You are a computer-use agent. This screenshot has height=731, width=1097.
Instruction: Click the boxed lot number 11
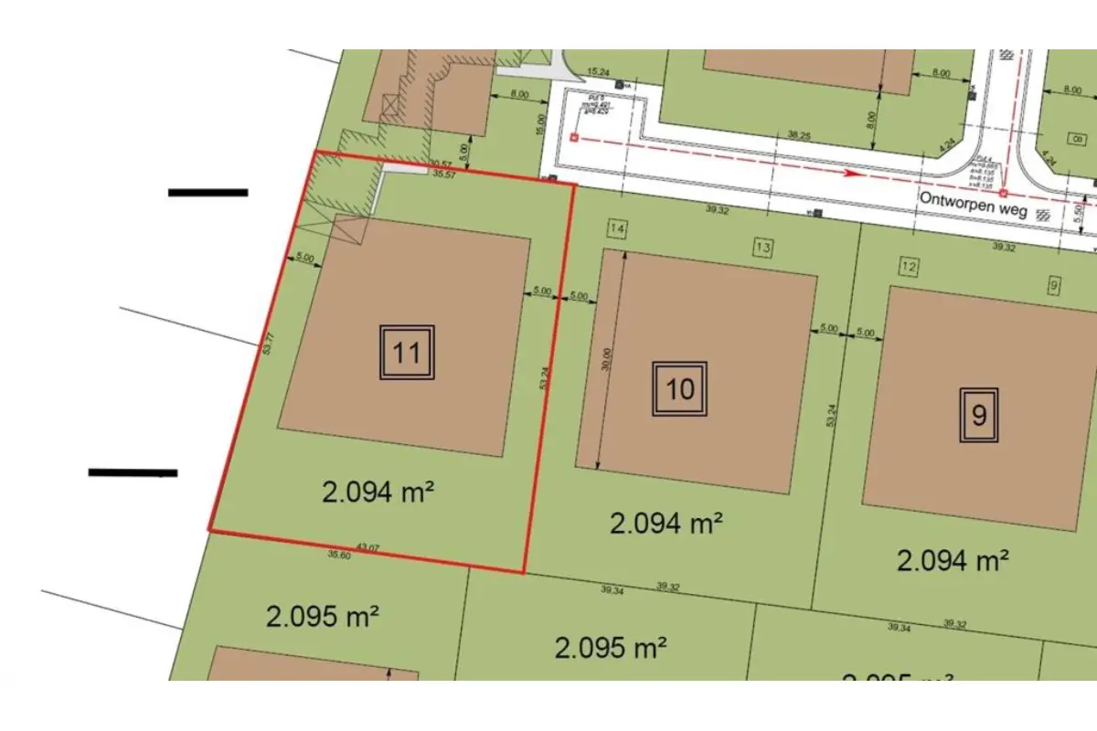tap(407, 352)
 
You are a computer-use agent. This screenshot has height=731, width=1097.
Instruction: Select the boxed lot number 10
tap(679, 389)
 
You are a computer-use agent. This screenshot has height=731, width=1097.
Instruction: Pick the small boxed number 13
tap(763, 246)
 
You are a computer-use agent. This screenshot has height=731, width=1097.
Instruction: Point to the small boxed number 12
tap(908, 267)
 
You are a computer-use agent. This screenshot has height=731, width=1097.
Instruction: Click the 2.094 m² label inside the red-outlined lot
tap(378, 493)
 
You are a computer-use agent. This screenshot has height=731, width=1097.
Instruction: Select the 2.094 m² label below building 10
tap(666, 524)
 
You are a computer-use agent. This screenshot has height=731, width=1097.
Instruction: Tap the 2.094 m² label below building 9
tap(953, 559)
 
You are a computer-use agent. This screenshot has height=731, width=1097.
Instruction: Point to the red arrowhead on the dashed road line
tap(851, 172)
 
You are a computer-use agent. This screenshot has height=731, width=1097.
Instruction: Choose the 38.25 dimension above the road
tap(799, 134)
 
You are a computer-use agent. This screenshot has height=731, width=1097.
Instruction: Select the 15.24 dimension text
tap(598, 71)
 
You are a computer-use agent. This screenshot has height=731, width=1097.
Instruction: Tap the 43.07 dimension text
tap(367, 547)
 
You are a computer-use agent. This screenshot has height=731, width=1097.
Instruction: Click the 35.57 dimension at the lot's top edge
tap(445, 174)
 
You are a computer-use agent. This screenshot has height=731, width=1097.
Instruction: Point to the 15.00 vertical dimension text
tap(541, 123)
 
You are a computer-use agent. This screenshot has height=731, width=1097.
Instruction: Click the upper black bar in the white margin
tap(208, 192)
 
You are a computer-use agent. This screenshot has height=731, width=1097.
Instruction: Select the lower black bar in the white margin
tap(133, 472)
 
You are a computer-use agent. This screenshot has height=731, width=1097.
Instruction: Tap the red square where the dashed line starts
tap(574, 138)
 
